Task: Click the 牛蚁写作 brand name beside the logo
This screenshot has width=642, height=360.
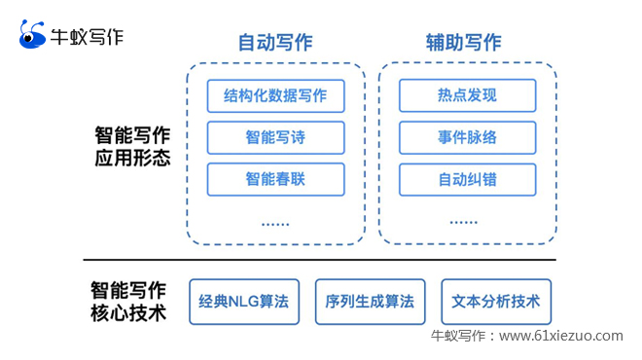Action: [87, 37]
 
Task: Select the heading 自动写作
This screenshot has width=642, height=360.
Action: [275, 43]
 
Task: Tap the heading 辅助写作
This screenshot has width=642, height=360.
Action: [463, 43]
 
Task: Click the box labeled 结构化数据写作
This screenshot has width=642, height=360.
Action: [275, 95]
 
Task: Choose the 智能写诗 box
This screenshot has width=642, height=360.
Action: [275, 137]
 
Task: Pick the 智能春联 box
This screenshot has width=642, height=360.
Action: [275, 179]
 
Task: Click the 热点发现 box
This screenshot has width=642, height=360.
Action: [467, 95]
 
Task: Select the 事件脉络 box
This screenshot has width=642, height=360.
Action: [467, 137]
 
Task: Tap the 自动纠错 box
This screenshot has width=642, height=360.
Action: [467, 180]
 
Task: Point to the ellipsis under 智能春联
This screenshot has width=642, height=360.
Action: [275, 224]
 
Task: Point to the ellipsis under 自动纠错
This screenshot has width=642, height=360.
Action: [463, 223]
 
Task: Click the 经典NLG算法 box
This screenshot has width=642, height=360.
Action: [244, 302]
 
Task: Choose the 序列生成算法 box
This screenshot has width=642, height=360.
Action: [371, 302]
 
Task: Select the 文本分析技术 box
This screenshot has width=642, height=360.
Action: [496, 302]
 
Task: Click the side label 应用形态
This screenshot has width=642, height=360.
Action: [132, 158]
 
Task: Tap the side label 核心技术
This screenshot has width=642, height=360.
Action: [128, 313]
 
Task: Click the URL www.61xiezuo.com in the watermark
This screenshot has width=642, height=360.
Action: [561, 336]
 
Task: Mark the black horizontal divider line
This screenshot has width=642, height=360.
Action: [319, 260]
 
